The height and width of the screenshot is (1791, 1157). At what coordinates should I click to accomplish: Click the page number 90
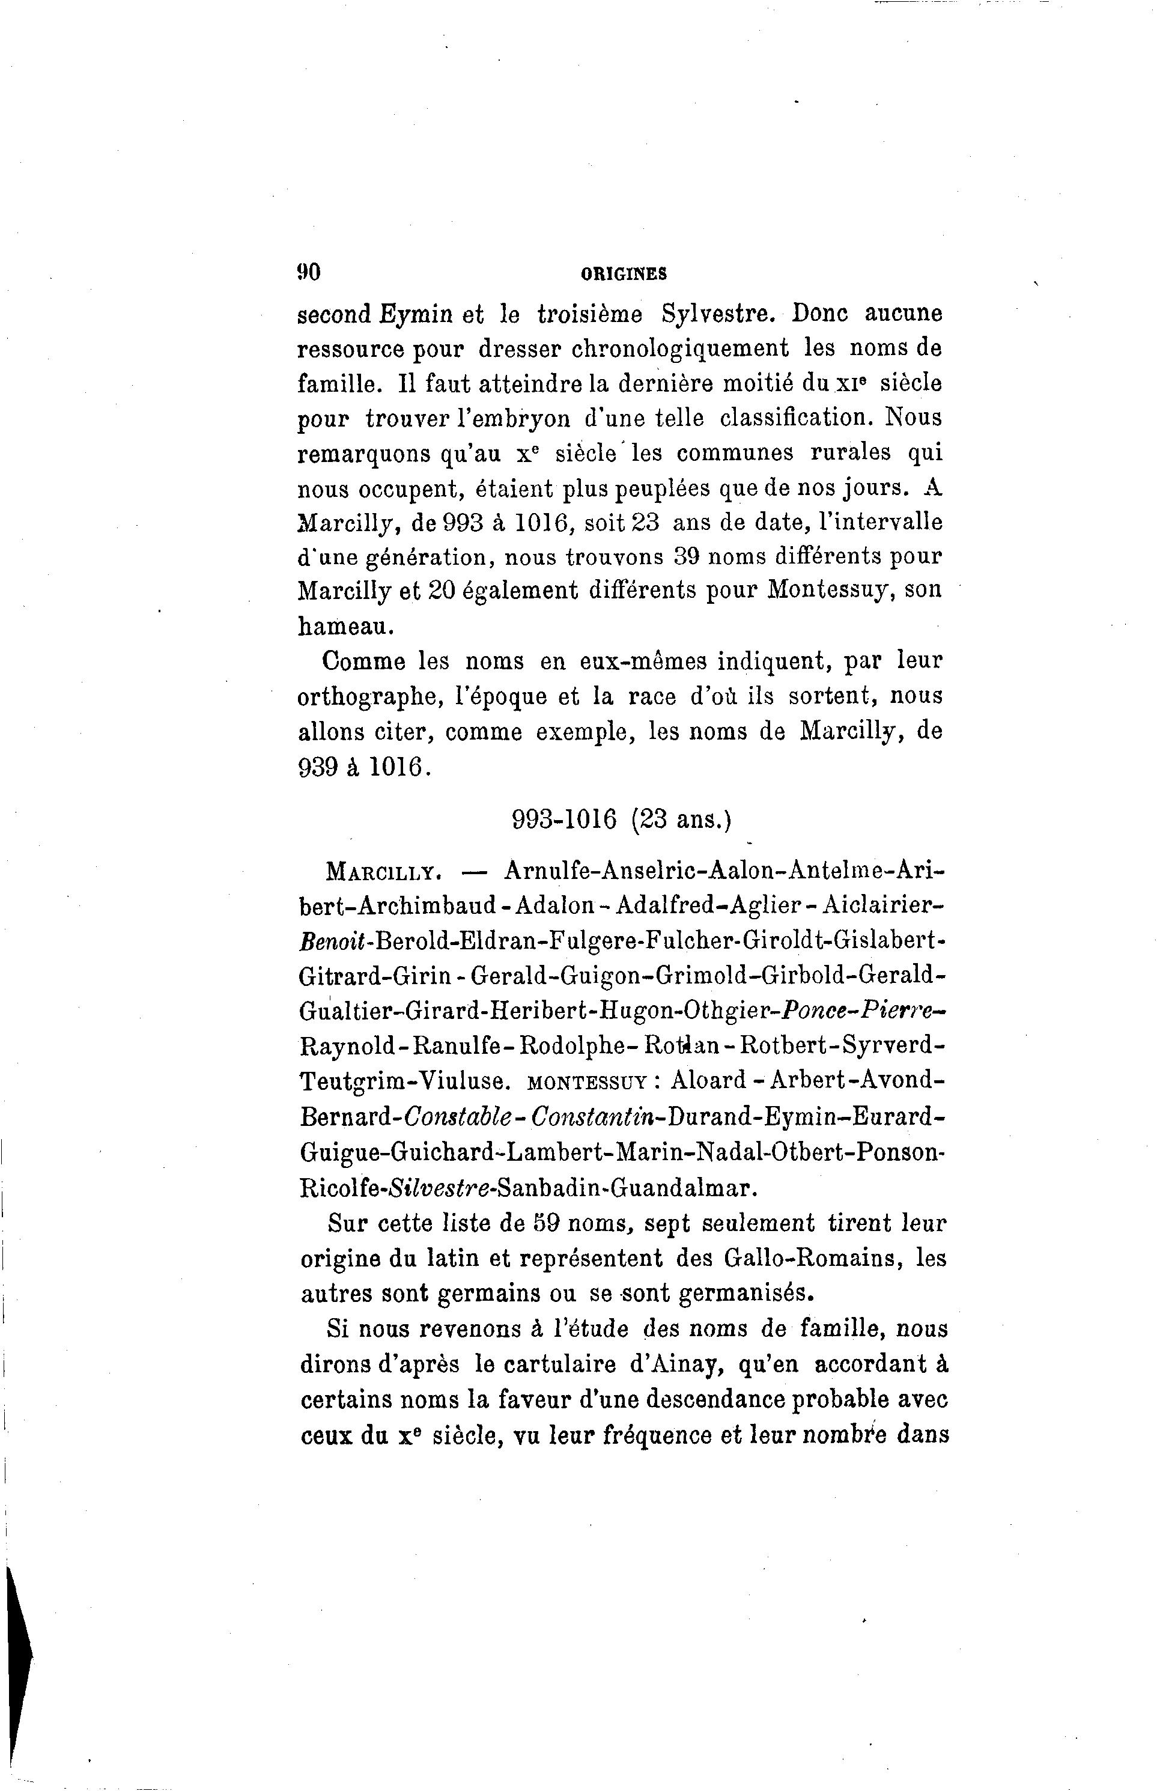pos(309,273)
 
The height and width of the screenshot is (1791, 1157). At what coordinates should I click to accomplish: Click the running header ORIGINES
pos(624,275)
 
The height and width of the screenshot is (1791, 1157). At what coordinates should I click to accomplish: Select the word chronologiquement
pos(681,349)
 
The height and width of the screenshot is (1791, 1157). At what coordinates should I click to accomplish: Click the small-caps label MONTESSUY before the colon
pos(587,1083)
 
